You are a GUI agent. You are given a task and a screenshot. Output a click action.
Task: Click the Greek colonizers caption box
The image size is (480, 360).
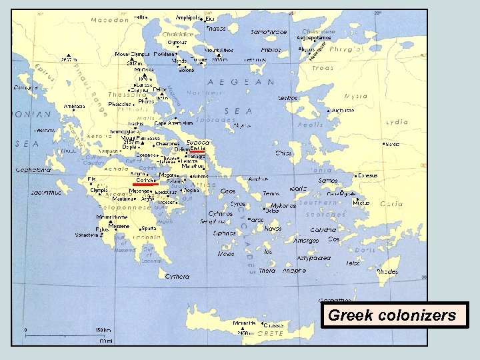392,315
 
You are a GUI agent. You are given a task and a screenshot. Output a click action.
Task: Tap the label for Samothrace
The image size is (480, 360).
269,32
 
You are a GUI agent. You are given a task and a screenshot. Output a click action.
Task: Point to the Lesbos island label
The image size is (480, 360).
288,98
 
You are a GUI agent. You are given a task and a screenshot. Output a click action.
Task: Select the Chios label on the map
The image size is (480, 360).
283,153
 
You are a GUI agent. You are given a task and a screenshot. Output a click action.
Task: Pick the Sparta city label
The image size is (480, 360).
149,228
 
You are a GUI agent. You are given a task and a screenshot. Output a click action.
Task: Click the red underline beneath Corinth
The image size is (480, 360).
145,185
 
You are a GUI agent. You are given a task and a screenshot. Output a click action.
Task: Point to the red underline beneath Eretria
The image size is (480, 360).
198,153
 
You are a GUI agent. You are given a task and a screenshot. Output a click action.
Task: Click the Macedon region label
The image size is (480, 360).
111,20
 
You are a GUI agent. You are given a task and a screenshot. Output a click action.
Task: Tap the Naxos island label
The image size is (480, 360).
273,229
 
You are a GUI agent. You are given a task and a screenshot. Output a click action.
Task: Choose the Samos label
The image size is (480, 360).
328,181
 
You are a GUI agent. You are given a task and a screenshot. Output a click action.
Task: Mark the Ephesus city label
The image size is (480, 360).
367,175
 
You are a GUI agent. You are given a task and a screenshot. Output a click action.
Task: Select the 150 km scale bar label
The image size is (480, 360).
102,330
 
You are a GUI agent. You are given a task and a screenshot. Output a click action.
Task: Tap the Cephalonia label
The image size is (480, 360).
33,169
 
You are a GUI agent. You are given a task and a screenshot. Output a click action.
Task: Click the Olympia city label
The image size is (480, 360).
99,190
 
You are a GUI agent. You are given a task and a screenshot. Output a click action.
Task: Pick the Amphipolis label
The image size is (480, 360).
188,17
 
